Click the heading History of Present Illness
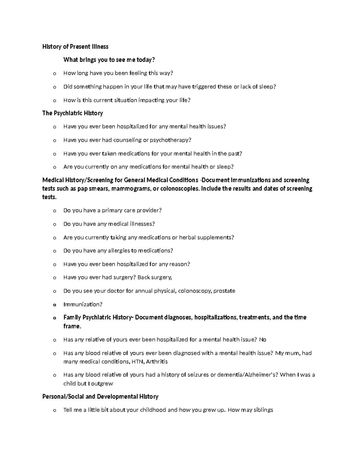point(75,47)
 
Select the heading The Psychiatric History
point(73,113)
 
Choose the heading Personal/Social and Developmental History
point(100,397)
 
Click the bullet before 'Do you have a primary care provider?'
point(54,211)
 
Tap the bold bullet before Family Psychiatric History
point(54,318)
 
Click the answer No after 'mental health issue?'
point(262,340)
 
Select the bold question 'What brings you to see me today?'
point(109,60)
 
